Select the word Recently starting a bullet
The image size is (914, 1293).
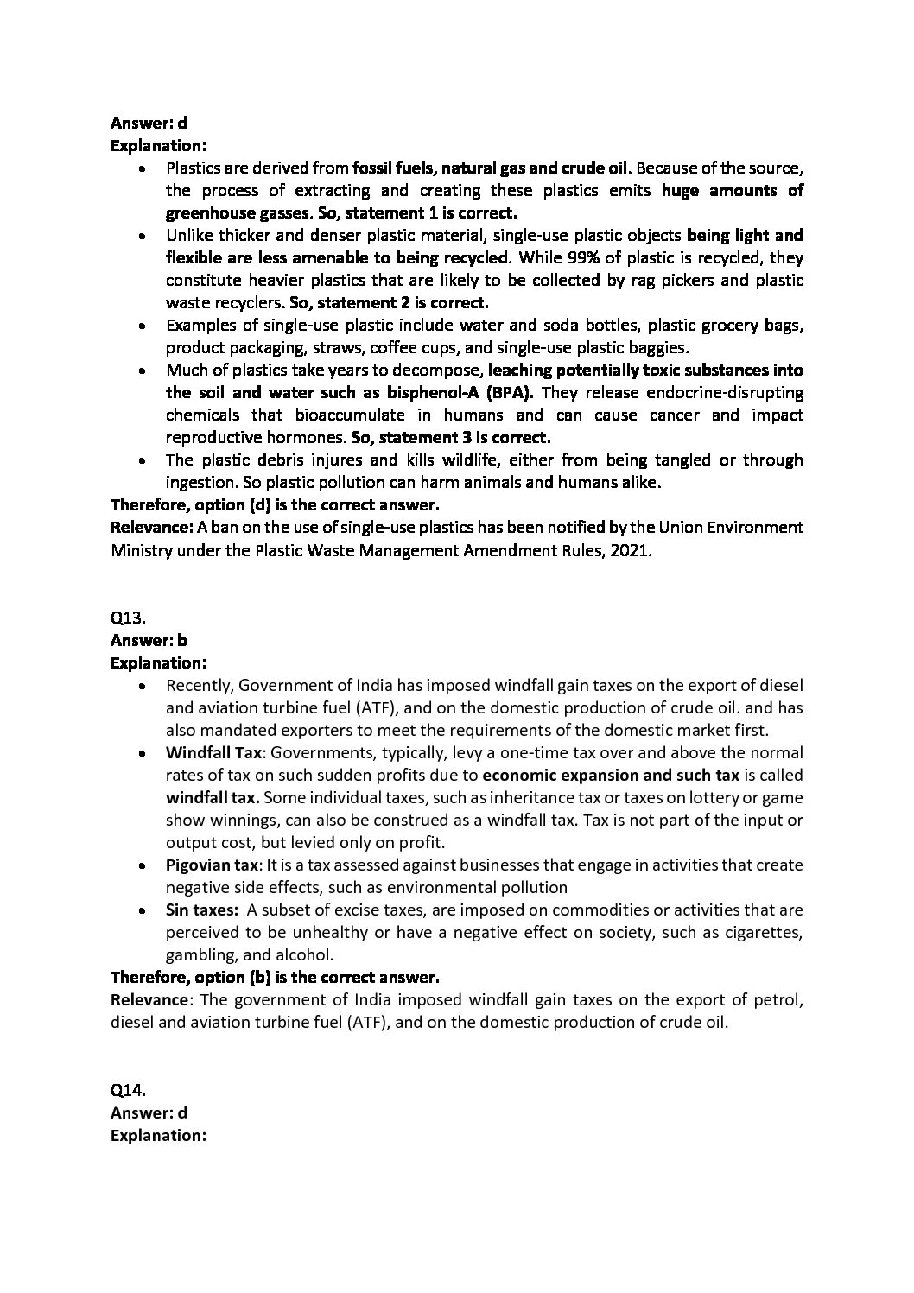(198, 685)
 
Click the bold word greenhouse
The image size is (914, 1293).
(209, 212)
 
